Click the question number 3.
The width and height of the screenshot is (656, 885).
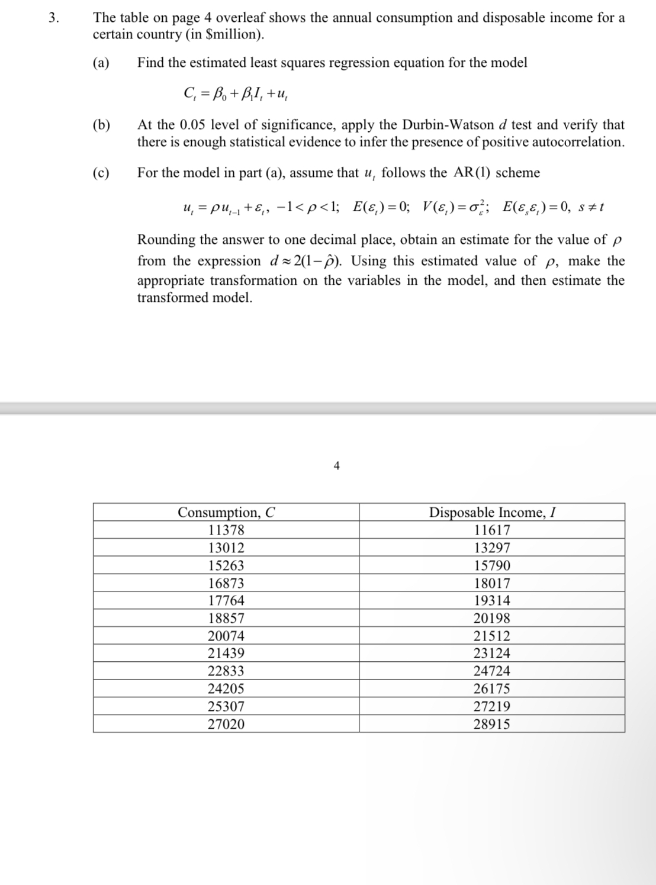(53, 18)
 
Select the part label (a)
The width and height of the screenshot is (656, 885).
(101, 63)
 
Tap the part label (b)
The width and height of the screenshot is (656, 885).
(101, 125)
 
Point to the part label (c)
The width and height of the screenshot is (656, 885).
(101, 173)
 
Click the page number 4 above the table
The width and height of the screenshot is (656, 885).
(336, 466)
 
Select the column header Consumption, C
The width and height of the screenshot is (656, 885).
(226, 512)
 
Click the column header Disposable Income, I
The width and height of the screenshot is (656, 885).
(491, 512)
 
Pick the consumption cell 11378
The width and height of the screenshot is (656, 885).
(226, 530)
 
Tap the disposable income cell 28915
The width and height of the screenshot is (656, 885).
(491, 724)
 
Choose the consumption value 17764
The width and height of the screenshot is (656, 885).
(226, 600)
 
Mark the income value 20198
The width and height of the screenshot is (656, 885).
(491, 618)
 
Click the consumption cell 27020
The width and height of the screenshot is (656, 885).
(226, 724)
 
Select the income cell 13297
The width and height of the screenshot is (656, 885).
(491, 548)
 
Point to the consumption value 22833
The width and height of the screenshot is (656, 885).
(226, 671)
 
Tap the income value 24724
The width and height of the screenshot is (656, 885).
(491, 671)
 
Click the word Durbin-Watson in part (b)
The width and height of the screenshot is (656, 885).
(448, 125)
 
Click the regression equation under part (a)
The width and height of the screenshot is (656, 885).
(237, 94)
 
